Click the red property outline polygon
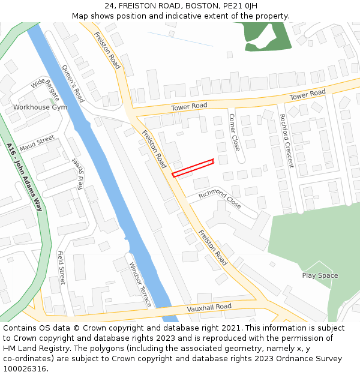(x=193, y=167)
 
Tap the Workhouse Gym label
(x=40, y=107)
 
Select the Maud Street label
(x=37, y=143)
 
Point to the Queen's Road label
(x=73, y=83)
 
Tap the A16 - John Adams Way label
(x=25, y=177)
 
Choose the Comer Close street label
(x=235, y=132)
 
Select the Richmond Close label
(x=220, y=199)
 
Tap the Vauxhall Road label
(x=209, y=307)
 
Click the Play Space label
(x=320, y=276)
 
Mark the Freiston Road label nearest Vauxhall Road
(x=213, y=248)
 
